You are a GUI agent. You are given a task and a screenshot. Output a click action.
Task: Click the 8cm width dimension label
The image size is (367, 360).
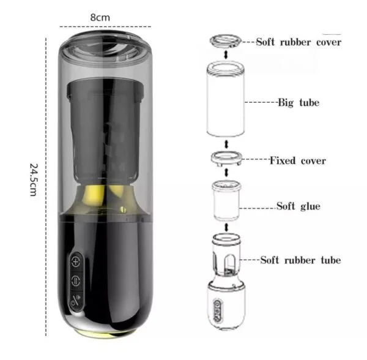(x=100, y=18)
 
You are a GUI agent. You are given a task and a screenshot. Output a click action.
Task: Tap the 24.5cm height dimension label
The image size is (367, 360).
(x=34, y=179)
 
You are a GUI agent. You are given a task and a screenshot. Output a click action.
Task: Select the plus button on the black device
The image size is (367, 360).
(x=76, y=261)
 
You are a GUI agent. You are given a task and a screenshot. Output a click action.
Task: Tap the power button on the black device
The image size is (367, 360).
(x=76, y=300)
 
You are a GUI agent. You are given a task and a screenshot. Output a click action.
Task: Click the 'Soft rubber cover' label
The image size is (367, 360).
(x=298, y=42)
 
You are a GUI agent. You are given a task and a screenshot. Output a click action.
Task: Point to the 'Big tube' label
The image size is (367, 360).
(x=298, y=103)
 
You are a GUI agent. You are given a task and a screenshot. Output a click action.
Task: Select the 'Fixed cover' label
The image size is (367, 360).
(x=298, y=160)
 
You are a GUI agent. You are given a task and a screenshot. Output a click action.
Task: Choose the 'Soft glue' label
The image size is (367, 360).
(x=298, y=206)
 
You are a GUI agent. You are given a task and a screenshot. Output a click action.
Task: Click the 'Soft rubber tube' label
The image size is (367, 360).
(x=300, y=260)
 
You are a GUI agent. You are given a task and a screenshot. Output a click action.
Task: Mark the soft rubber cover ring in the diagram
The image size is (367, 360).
(x=225, y=41)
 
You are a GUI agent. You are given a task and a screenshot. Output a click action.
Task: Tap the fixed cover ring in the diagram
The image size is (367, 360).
(x=226, y=158)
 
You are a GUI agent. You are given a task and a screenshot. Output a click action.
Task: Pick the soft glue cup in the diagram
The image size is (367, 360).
(x=226, y=201)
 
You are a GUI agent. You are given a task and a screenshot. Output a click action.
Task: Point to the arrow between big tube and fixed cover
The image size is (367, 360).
(x=226, y=144)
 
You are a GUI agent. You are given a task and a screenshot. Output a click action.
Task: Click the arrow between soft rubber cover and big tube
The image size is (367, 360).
(x=226, y=55)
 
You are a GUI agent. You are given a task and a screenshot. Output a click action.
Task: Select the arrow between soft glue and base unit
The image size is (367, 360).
(x=226, y=227)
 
